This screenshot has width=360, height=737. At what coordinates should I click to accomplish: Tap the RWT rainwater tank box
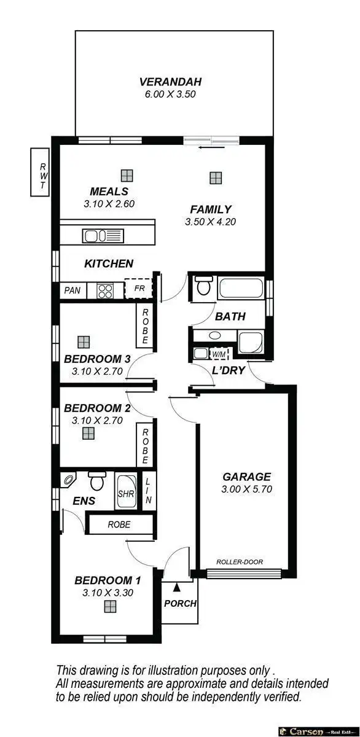(x=41, y=172)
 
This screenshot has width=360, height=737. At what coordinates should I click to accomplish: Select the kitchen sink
(x=103, y=235)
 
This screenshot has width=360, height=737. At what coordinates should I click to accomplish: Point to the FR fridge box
(x=138, y=288)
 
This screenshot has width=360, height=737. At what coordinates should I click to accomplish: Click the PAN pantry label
(x=72, y=290)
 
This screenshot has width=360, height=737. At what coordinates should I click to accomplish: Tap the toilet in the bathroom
(x=203, y=287)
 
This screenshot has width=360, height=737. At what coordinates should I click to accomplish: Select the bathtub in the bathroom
(x=241, y=288)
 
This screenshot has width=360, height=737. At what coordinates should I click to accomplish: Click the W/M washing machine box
(x=219, y=354)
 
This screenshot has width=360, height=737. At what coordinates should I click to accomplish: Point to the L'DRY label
(x=229, y=370)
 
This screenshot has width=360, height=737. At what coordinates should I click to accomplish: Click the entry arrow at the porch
(x=178, y=588)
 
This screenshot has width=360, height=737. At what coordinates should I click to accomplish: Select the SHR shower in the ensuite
(x=126, y=493)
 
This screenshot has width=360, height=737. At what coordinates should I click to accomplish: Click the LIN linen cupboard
(x=148, y=490)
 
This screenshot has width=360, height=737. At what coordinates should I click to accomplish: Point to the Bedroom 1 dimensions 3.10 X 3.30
(x=108, y=593)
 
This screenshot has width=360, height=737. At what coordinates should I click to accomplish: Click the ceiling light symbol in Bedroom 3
(x=84, y=340)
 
